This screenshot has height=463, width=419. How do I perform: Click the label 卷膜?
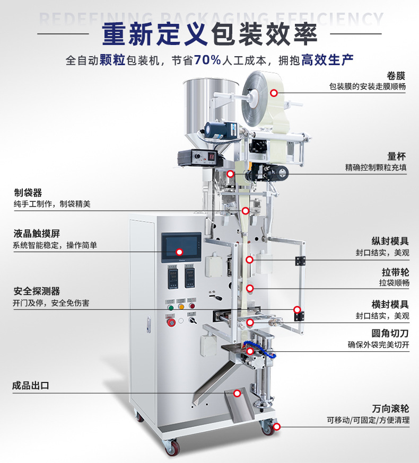396,76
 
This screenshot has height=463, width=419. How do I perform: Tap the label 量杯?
397,156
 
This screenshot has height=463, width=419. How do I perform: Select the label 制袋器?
28,193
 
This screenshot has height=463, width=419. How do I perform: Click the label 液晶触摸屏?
37,234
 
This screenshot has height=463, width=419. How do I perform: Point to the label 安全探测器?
37,291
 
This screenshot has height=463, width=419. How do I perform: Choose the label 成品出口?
30,385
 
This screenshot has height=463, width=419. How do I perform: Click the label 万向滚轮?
390,408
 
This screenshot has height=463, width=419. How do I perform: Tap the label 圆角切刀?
390,333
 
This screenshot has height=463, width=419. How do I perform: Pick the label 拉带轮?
395,272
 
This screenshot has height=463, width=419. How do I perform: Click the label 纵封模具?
390,241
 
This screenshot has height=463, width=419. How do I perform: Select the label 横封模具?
390,305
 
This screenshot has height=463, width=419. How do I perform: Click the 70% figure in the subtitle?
207,60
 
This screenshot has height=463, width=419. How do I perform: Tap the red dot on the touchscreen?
179,252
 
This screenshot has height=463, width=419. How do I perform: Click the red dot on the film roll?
274,93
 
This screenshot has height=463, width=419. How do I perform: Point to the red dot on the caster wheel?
276,426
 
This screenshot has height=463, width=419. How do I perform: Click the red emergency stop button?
171,322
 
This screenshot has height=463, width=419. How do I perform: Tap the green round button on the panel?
171,307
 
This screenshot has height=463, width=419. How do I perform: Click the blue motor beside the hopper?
220,130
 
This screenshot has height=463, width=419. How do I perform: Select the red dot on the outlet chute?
237,393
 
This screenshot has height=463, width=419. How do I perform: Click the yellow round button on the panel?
181,307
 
